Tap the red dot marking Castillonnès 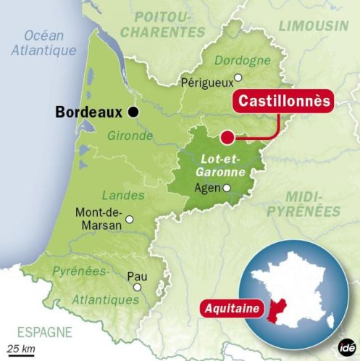[x=227, y=136]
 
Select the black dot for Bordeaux [x=133, y=112]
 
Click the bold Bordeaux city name [x=89, y=112]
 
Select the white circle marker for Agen [x=227, y=188]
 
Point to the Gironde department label [x=130, y=136]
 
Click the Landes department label [x=118, y=194]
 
